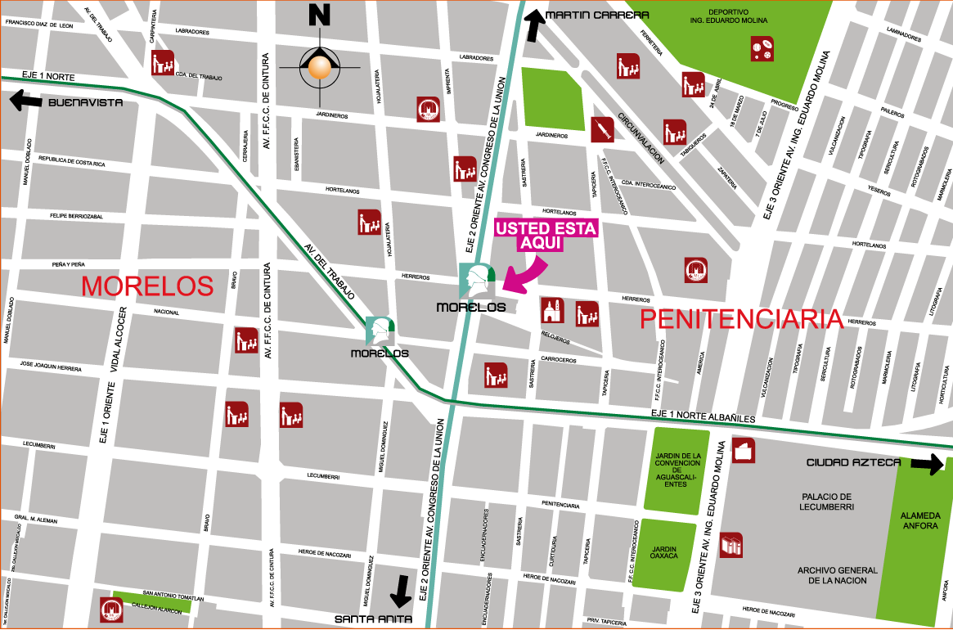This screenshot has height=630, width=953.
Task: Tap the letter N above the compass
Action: pyautogui.click(x=319, y=15)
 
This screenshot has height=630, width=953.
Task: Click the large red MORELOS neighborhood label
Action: pyautogui.click(x=147, y=286)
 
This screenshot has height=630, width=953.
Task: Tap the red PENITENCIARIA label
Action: pyautogui.click(x=741, y=319)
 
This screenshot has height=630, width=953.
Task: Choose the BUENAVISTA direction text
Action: pyautogui.click(x=85, y=102)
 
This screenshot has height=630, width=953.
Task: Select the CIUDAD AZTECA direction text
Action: pyautogui.click(x=853, y=462)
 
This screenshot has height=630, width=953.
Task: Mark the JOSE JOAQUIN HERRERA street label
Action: pyautogui.click(x=327, y=390)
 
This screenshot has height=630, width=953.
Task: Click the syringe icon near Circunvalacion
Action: pyautogui.click(x=602, y=129)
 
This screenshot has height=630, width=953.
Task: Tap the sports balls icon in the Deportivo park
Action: pyautogui.click(x=762, y=48)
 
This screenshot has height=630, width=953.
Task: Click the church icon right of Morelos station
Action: pyautogui.click(x=552, y=311)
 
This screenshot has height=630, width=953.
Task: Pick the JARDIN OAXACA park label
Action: pyautogui.click(x=663, y=551)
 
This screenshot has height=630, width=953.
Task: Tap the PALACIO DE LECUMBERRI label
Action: pyautogui.click(x=826, y=502)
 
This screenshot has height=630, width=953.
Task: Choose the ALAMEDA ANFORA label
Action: pyautogui.click(x=919, y=520)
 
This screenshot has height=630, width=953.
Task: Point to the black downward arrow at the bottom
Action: pyautogui.click(x=401, y=591)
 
